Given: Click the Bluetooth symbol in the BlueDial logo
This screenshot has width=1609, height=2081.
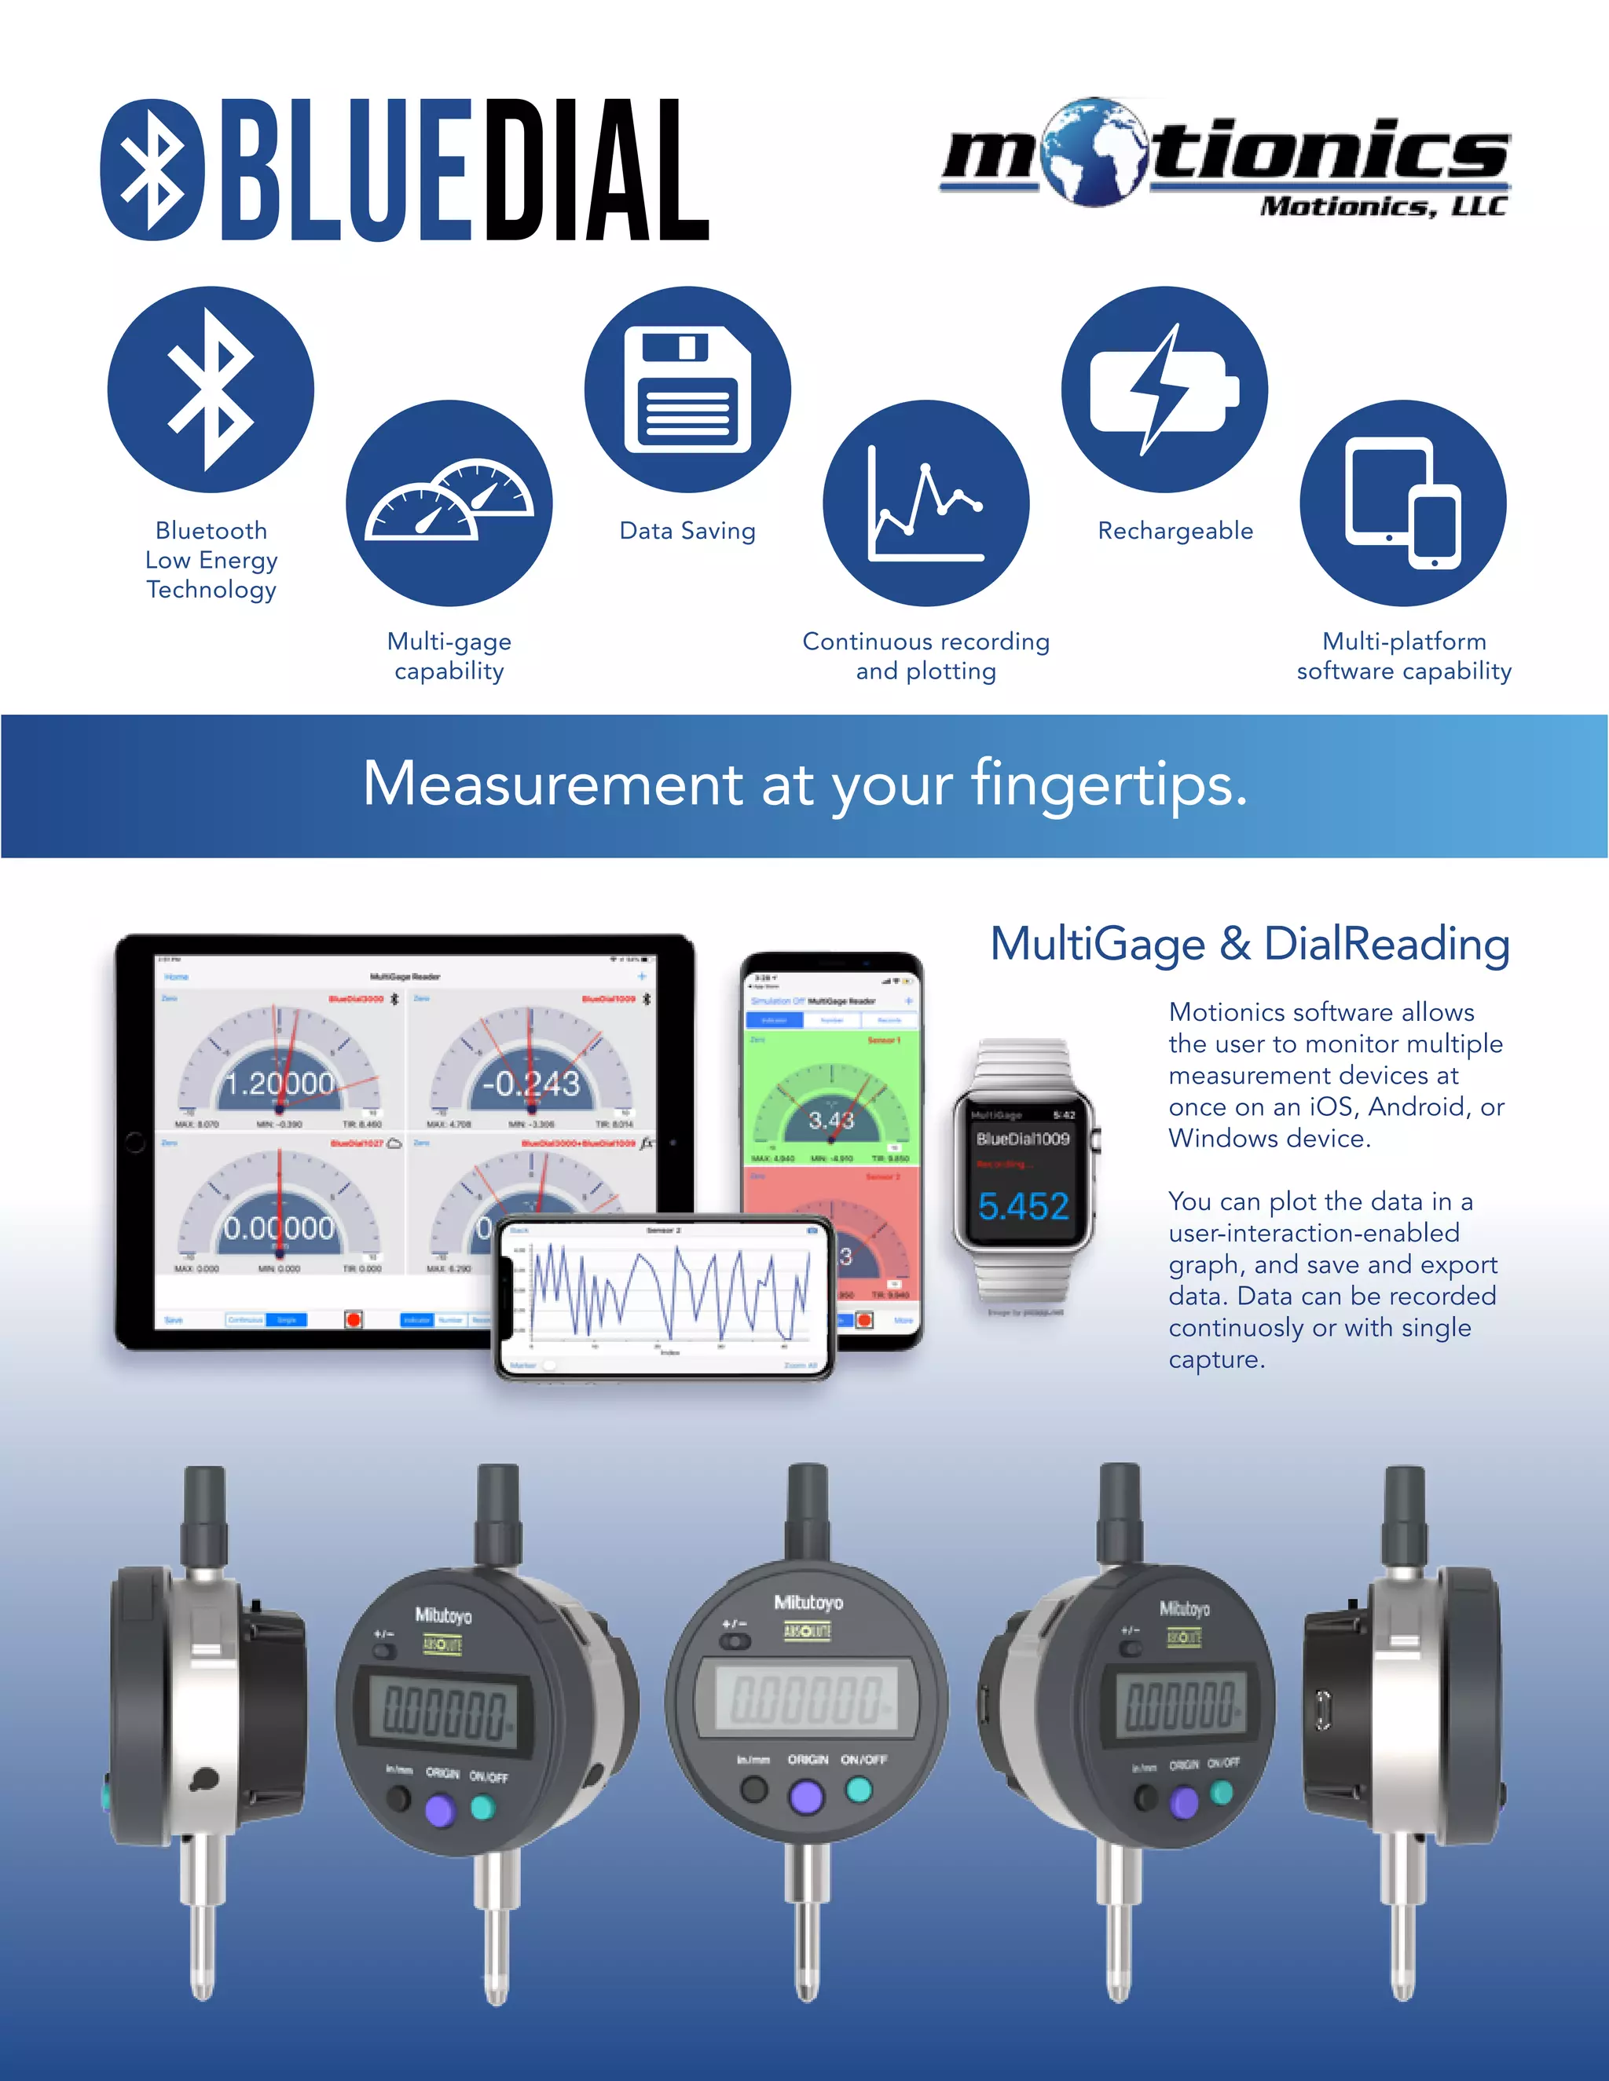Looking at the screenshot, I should [x=152, y=170].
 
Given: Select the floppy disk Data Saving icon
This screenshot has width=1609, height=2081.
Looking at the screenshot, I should [x=687, y=389].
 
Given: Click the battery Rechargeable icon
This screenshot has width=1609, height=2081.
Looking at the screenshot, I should [x=1164, y=389].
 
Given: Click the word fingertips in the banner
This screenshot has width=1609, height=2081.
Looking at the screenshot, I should [x=1109, y=784].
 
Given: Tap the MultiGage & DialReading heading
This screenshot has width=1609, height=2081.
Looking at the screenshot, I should [x=1250, y=944].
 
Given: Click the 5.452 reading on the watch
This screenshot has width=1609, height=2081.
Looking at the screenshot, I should [x=1023, y=1206].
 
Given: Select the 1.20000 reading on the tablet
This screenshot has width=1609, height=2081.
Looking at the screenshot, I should [x=278, y=1084].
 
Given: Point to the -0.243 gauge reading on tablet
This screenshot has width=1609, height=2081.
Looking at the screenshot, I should [x=531, y=1084].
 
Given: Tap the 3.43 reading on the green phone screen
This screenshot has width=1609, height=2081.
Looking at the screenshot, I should [x=831, y=1120].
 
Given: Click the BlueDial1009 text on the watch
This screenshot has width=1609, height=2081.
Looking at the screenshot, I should [x=1023, y=1139].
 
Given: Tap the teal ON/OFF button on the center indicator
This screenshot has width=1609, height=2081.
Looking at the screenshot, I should [x=859, y=1790].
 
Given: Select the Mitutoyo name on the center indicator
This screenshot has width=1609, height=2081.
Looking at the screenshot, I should [x=808, y=1603].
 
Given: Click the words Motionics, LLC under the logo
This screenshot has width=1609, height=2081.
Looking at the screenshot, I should [x=1382, y=207].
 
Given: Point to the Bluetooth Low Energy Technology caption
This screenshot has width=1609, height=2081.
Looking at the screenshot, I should [x=211, y=559].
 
